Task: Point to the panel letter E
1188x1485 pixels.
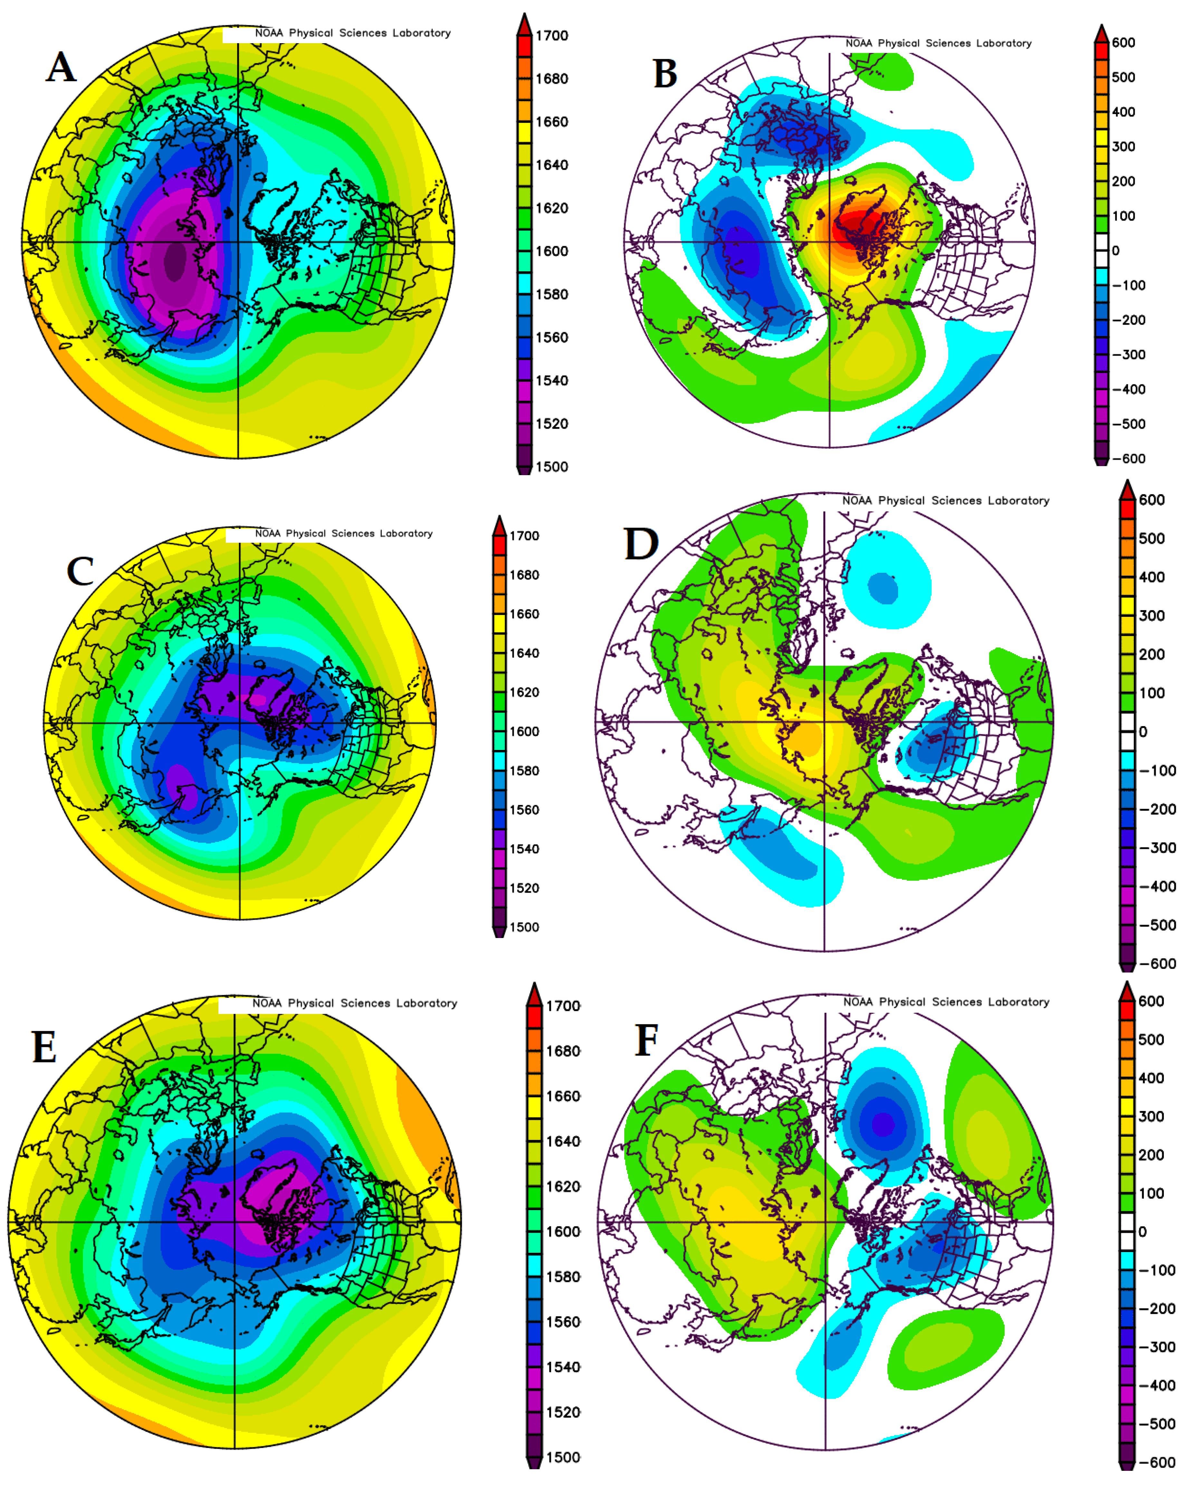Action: click(44, 1048)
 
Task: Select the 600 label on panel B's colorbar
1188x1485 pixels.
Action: click(1123, 43)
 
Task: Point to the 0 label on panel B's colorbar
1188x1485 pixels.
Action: click(1116, 251)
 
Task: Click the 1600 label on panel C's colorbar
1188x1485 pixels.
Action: click(524, 732)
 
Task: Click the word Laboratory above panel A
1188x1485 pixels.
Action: click(421, 33)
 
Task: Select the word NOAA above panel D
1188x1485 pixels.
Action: click(857, 501)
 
